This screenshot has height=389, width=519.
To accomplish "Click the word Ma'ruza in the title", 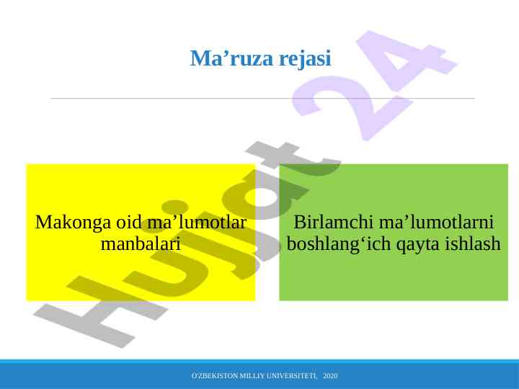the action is coord(231,58).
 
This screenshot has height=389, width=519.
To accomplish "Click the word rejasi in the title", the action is coord(305,59).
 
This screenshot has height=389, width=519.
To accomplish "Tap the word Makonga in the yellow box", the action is coord(73,223).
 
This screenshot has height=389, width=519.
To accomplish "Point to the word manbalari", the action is coord(141,243).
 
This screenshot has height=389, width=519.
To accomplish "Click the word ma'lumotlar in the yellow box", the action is coord(197,222).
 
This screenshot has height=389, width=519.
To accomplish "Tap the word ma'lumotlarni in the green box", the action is coord(436,222).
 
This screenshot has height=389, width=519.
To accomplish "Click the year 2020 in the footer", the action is coord(330,376).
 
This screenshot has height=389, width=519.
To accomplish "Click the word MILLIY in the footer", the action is coord(252,376).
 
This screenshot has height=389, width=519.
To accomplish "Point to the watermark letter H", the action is coord(99,311).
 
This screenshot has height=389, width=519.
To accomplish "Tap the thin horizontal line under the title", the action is coord(262,98).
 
